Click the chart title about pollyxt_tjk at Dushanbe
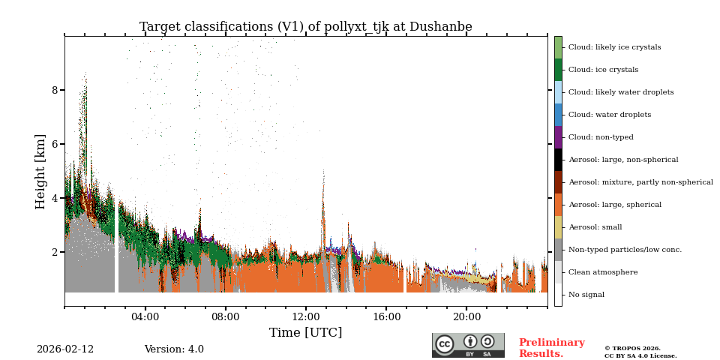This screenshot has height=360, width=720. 305,27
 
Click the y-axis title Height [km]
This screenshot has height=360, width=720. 40,171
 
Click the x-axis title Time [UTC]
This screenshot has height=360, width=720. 305,332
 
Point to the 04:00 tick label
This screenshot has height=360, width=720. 145,316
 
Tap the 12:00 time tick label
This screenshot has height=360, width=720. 306,316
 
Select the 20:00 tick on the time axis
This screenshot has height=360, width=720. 466,316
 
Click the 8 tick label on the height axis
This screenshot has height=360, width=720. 54,90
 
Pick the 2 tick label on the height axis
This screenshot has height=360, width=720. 54,252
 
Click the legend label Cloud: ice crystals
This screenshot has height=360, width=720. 603,70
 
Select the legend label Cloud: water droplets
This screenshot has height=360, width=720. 609,115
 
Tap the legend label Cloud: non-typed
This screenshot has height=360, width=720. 601,137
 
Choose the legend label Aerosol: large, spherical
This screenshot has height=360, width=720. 614,205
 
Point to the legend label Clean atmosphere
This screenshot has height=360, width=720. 602,272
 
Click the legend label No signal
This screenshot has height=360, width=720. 586,295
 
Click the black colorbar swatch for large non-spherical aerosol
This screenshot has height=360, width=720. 558,160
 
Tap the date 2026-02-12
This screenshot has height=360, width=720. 65,349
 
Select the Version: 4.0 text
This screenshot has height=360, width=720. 174,349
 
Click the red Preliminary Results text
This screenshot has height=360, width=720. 551,348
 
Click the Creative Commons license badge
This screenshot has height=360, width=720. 468,345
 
